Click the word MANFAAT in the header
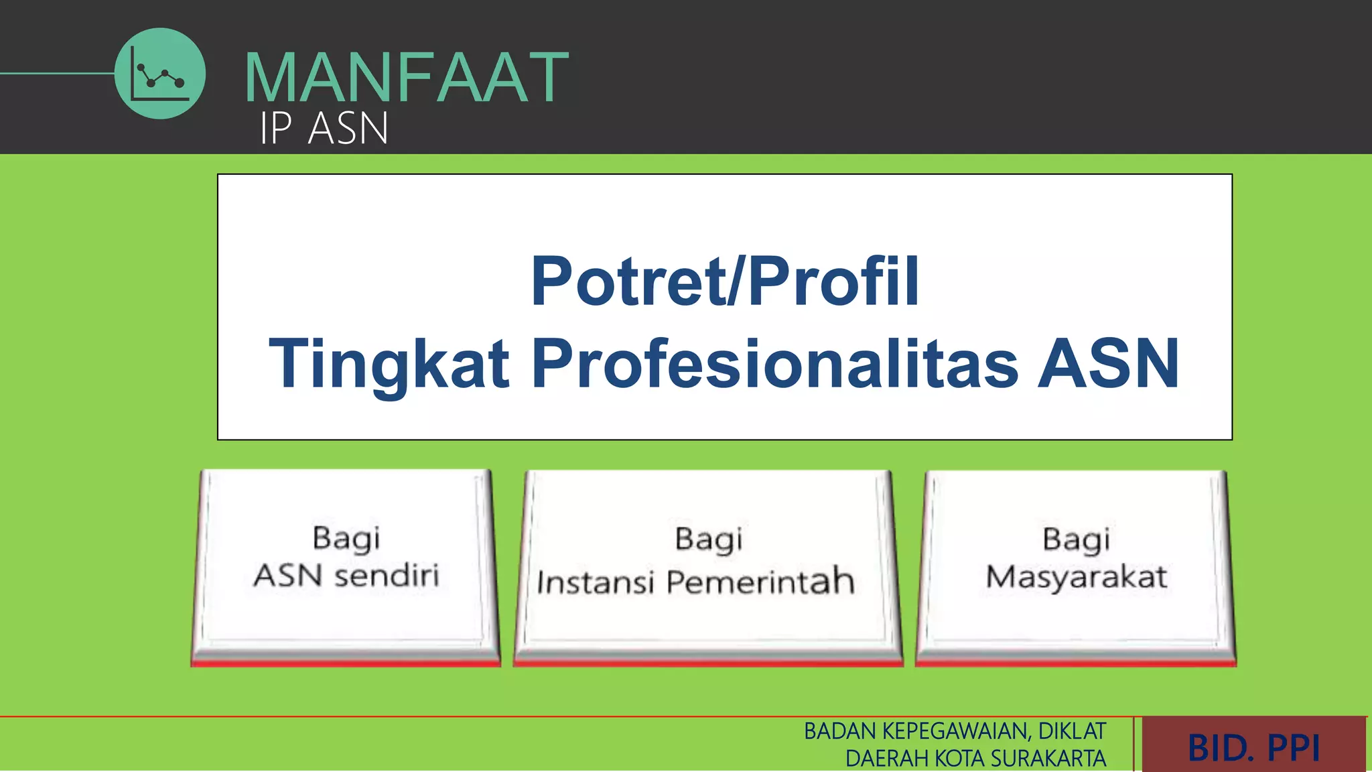coord(406,78)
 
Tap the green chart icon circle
coord(160,74)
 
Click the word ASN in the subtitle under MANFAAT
coord(348,128)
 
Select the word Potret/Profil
coord(725,281)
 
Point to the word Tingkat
coord(389,363)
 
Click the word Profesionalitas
coord(775,363)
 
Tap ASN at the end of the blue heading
coord(1108,363)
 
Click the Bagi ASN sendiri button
coord(346,566)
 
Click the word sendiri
coord(387,576)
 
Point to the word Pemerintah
coord(761,581)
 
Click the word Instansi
coord(595,582)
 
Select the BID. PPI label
coord(1253,747)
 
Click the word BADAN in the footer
coord(840,731)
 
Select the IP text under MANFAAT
coord(276,128)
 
